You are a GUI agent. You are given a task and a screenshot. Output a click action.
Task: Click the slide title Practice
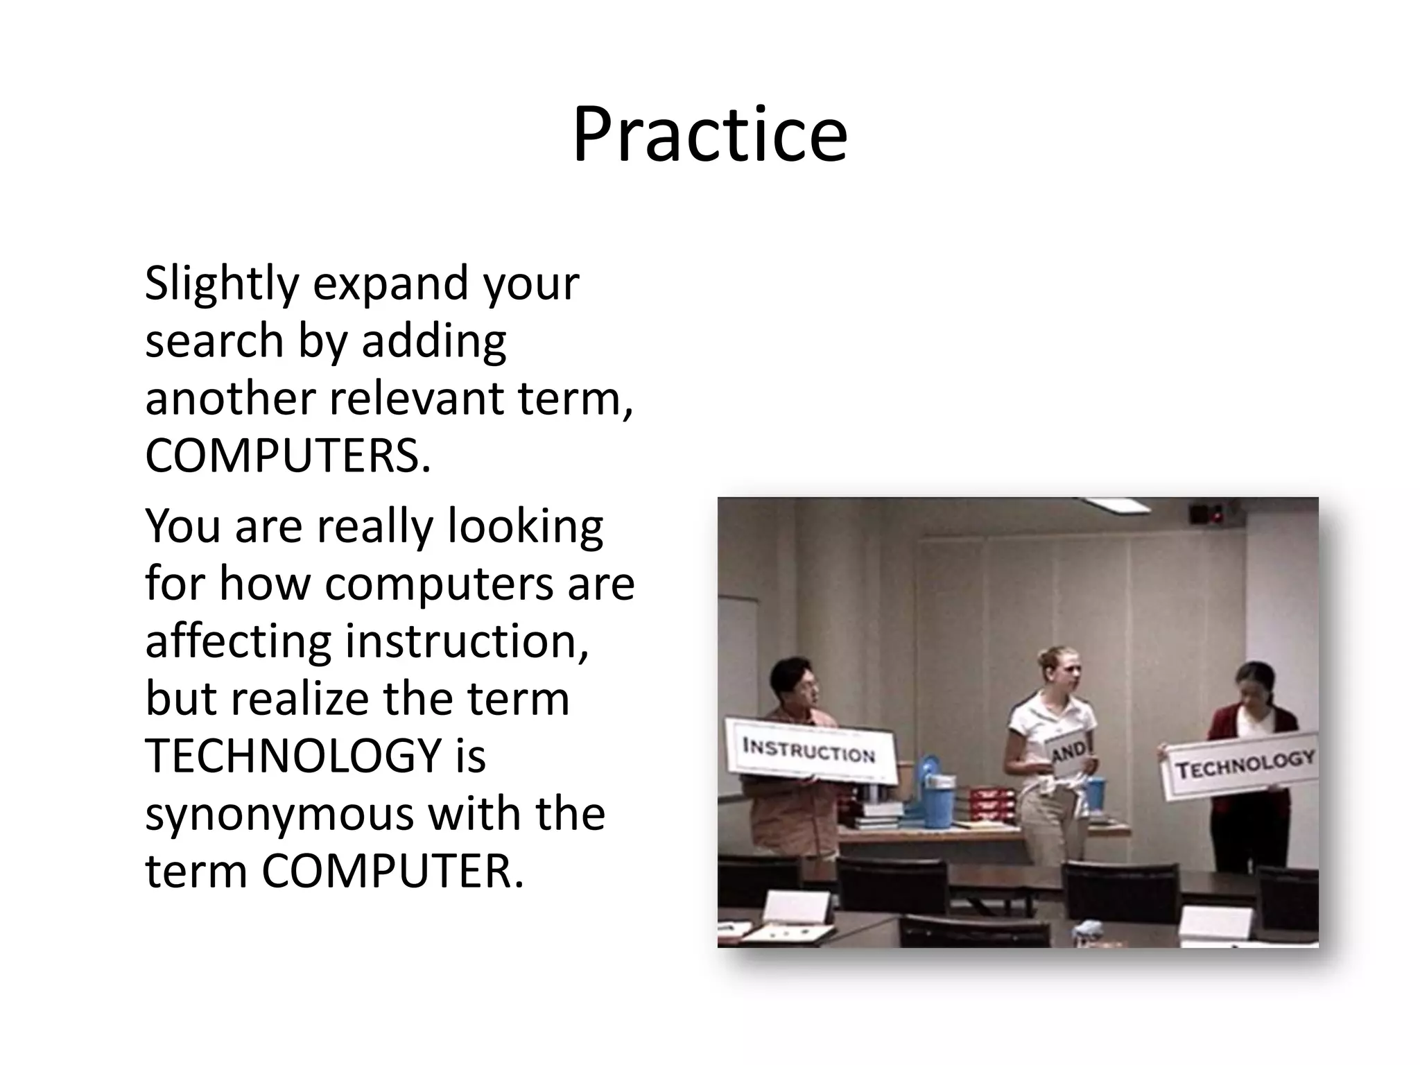709,135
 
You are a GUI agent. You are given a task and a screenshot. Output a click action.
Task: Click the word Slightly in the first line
221,284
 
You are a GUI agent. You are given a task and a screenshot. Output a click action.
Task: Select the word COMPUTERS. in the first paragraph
288,456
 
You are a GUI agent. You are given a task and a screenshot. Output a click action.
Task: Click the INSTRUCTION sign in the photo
808,751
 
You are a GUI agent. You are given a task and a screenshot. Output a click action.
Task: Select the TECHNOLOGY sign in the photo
1244,765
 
